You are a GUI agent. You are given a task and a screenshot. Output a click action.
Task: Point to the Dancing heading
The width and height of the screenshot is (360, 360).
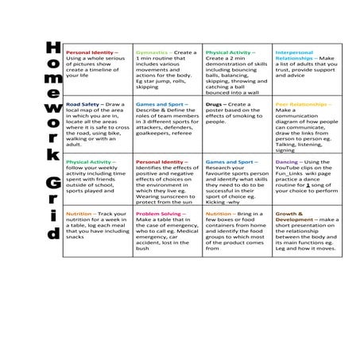click(x=287, y=162)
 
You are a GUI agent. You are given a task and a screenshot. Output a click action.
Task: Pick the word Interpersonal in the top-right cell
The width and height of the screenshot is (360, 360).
click(x=294, y=52)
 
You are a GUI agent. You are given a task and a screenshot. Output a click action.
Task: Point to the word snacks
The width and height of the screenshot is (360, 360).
click(x=77, y=237)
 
